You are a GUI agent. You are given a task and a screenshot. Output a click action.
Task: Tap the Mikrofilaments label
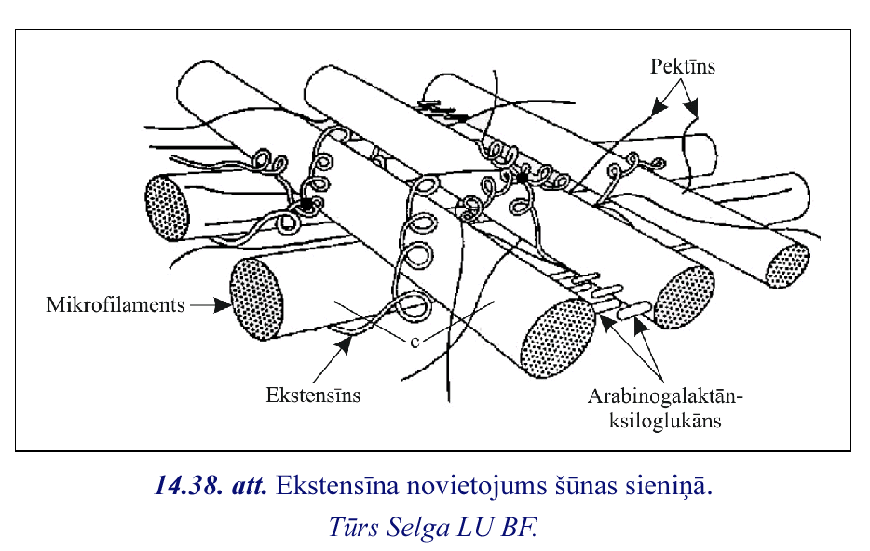tap(115, 304)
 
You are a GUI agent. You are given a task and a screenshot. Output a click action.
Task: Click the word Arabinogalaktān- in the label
tap(664, 396)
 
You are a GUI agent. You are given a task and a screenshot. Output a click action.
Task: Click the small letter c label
tap(413, 341)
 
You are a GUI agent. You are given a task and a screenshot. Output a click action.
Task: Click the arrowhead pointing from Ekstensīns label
tap(346, 346)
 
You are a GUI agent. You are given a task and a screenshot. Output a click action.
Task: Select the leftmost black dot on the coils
tap(306, 204)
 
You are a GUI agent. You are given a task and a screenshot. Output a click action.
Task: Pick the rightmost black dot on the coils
tap(523, 177)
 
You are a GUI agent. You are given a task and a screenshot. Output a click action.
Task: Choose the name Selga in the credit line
tap(413, 526)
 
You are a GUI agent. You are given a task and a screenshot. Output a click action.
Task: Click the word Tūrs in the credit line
tap(353, 526)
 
